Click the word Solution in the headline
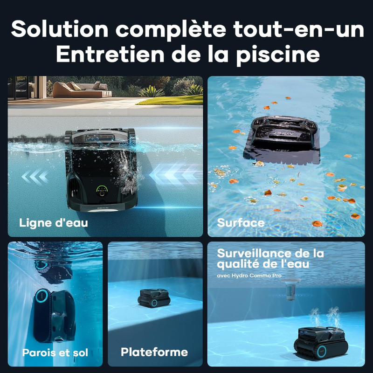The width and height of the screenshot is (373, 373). [x=60, y=29]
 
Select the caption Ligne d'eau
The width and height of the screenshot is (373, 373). [x=54, y=223]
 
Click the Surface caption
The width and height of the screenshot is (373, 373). [x=241, y=223]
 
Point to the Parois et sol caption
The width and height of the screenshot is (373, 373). [x=55, y=352]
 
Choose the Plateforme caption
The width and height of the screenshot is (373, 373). [x=154, y=352]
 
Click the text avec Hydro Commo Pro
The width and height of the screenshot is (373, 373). [x=249, y=276]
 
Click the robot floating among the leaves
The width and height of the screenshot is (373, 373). [x=282, y=140]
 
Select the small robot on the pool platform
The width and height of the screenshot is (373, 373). [x=154, y=297]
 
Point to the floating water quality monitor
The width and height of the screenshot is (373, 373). [x=290, y=290]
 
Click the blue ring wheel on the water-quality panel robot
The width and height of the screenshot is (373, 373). [x=322, y=351]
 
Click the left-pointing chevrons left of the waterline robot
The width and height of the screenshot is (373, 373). [x=35, y=177]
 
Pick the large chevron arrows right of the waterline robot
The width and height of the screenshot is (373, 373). [x=175, y=174]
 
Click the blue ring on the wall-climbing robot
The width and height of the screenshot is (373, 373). [x=42, y=296]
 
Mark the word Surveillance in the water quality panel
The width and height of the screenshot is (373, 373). [x=254, y=253]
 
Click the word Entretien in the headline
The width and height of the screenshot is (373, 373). [x=110, y=54]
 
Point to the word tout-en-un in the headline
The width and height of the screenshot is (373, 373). [x=298, y=29]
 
